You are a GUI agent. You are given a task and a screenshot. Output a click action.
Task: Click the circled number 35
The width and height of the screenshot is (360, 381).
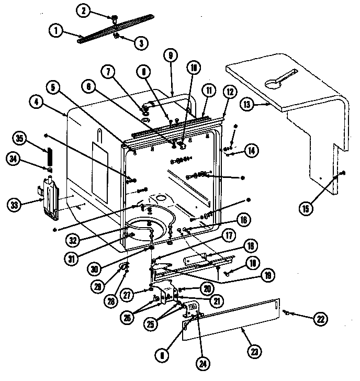[x=20, y=139]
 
